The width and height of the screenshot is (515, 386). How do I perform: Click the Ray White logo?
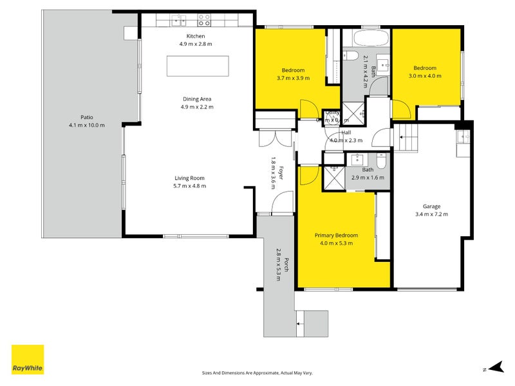28,360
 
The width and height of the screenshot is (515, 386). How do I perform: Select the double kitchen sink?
178,21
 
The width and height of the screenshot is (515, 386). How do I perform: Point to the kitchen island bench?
198,66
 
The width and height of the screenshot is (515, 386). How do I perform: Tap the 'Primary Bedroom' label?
336,235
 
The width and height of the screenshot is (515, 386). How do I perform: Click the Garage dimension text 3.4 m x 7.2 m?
431,214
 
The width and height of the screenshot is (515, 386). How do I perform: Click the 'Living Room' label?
189,178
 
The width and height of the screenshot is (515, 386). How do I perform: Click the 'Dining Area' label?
197,99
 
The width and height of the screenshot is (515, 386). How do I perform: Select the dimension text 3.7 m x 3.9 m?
293,78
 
